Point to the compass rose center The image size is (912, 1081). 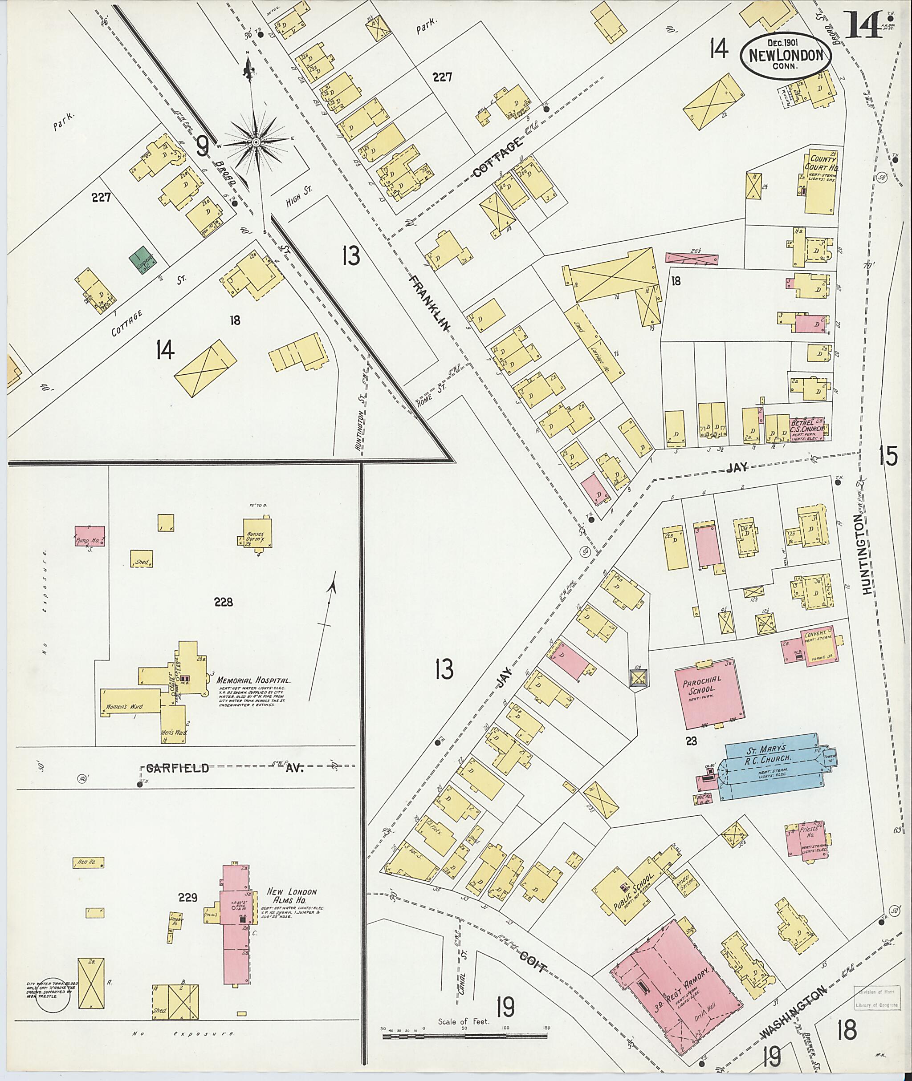pos(256,142)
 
